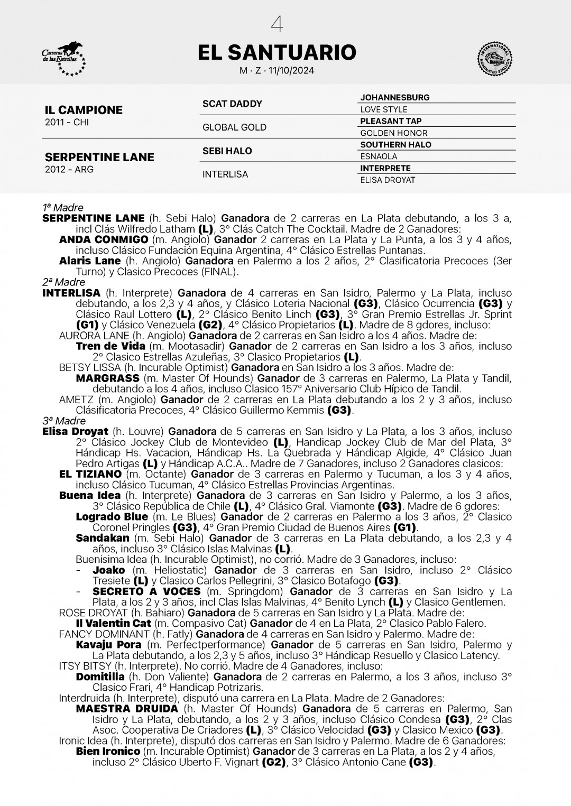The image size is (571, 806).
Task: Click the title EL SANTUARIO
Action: pos(277,52)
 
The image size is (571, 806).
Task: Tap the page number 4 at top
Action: pos(277,24)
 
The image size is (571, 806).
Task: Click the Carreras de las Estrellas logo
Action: pos(63,59)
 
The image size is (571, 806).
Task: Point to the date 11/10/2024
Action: pos(291,71)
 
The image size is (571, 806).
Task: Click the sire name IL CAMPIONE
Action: pos(84,110)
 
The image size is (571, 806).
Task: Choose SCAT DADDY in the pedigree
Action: pos(232,104)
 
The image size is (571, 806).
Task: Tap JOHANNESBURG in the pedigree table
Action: pos(394,98)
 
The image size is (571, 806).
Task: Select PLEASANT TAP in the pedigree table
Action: pos(391,121)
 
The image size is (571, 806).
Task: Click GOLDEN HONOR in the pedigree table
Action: pos(393,133)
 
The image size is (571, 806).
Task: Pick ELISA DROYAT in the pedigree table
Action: pos(388,180)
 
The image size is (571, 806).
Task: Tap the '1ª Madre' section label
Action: pos(63,208)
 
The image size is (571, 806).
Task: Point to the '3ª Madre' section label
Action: pos(64,421)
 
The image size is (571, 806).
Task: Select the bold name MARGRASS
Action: pos(107,378)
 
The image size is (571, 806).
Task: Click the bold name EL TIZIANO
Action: pos(90,474)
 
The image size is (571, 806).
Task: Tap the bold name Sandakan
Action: pos(103,538)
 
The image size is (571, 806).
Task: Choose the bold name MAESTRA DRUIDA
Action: pos(127,709)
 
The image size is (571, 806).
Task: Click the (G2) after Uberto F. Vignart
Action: pos(274,762)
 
